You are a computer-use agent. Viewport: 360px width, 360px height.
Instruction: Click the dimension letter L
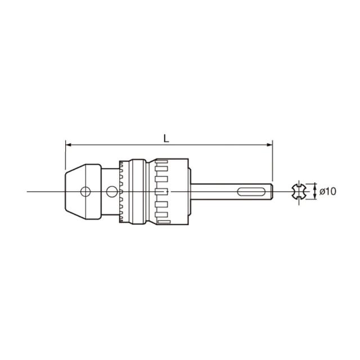click(166, 138)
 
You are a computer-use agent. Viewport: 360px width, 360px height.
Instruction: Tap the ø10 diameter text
click(328, 191)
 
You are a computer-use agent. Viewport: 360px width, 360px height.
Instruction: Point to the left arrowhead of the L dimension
click(68, 145)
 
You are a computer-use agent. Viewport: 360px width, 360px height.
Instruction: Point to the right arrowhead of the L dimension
click(270, 145)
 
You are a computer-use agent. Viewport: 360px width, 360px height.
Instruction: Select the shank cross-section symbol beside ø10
click(299, 191)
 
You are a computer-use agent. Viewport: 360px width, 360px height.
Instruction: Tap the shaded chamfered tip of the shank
click(272, 191)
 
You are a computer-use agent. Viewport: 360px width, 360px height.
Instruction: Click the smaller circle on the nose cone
click(85, 191)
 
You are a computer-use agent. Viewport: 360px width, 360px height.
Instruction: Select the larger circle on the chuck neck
click(112, 191)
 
